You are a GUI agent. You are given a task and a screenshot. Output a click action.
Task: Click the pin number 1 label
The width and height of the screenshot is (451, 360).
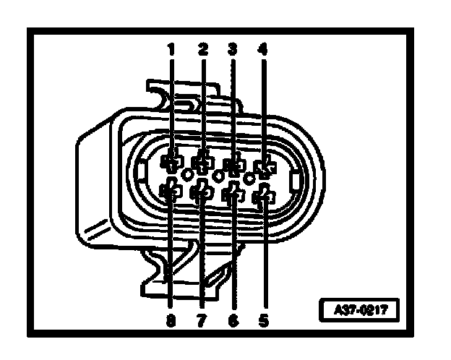[172, 50]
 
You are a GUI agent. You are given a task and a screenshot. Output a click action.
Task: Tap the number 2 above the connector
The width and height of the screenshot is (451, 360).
[202, 50]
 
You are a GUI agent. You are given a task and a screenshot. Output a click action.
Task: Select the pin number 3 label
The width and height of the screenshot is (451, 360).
[233, 50]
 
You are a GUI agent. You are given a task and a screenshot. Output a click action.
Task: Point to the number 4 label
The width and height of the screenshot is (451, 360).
[262, 50]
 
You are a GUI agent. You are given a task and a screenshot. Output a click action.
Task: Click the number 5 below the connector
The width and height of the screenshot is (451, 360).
[262, 317]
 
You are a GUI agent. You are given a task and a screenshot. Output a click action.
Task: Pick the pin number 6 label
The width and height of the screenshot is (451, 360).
[233, 317]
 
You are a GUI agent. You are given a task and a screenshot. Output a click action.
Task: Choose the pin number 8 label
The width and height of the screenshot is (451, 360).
[171, 317]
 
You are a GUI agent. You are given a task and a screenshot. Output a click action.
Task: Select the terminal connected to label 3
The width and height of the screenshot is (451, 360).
[233, 166]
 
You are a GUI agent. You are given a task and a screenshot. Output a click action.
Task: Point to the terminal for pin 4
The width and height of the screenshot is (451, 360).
[263, 168]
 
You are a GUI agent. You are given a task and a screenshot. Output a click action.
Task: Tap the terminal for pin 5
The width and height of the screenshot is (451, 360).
[263, 195]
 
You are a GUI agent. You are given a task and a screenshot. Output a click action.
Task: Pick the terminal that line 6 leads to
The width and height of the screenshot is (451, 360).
[233, 194]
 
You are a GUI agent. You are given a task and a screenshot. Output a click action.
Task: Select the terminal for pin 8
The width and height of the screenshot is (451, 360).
[171, 192]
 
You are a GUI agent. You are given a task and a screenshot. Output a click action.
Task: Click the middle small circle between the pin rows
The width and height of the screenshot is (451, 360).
[218, 176]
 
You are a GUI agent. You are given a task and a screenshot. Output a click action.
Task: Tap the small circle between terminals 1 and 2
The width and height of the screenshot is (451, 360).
[187, 174]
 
